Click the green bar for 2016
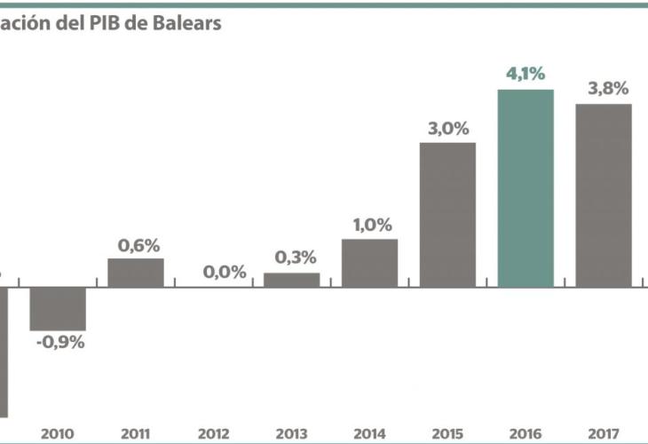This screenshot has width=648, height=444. tap(526, 188)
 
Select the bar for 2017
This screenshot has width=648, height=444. tap(604, 195)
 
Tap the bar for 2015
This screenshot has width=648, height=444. tap(447, 215)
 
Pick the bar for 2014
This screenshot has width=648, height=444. tap(369, 263)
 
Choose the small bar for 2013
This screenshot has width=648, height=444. tap(291, 280)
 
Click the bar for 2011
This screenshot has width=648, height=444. tap(136, 273)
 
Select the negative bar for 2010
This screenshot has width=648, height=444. tap(58, 309)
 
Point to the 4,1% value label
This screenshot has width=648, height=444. tap(526, 74)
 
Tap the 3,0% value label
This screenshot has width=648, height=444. tap(447, 128)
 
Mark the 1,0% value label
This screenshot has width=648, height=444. tap(370, 225)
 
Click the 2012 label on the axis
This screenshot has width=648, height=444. tap(214, 434)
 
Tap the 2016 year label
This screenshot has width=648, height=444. tap(526, 434)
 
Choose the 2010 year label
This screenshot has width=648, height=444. tap(58, 434)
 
